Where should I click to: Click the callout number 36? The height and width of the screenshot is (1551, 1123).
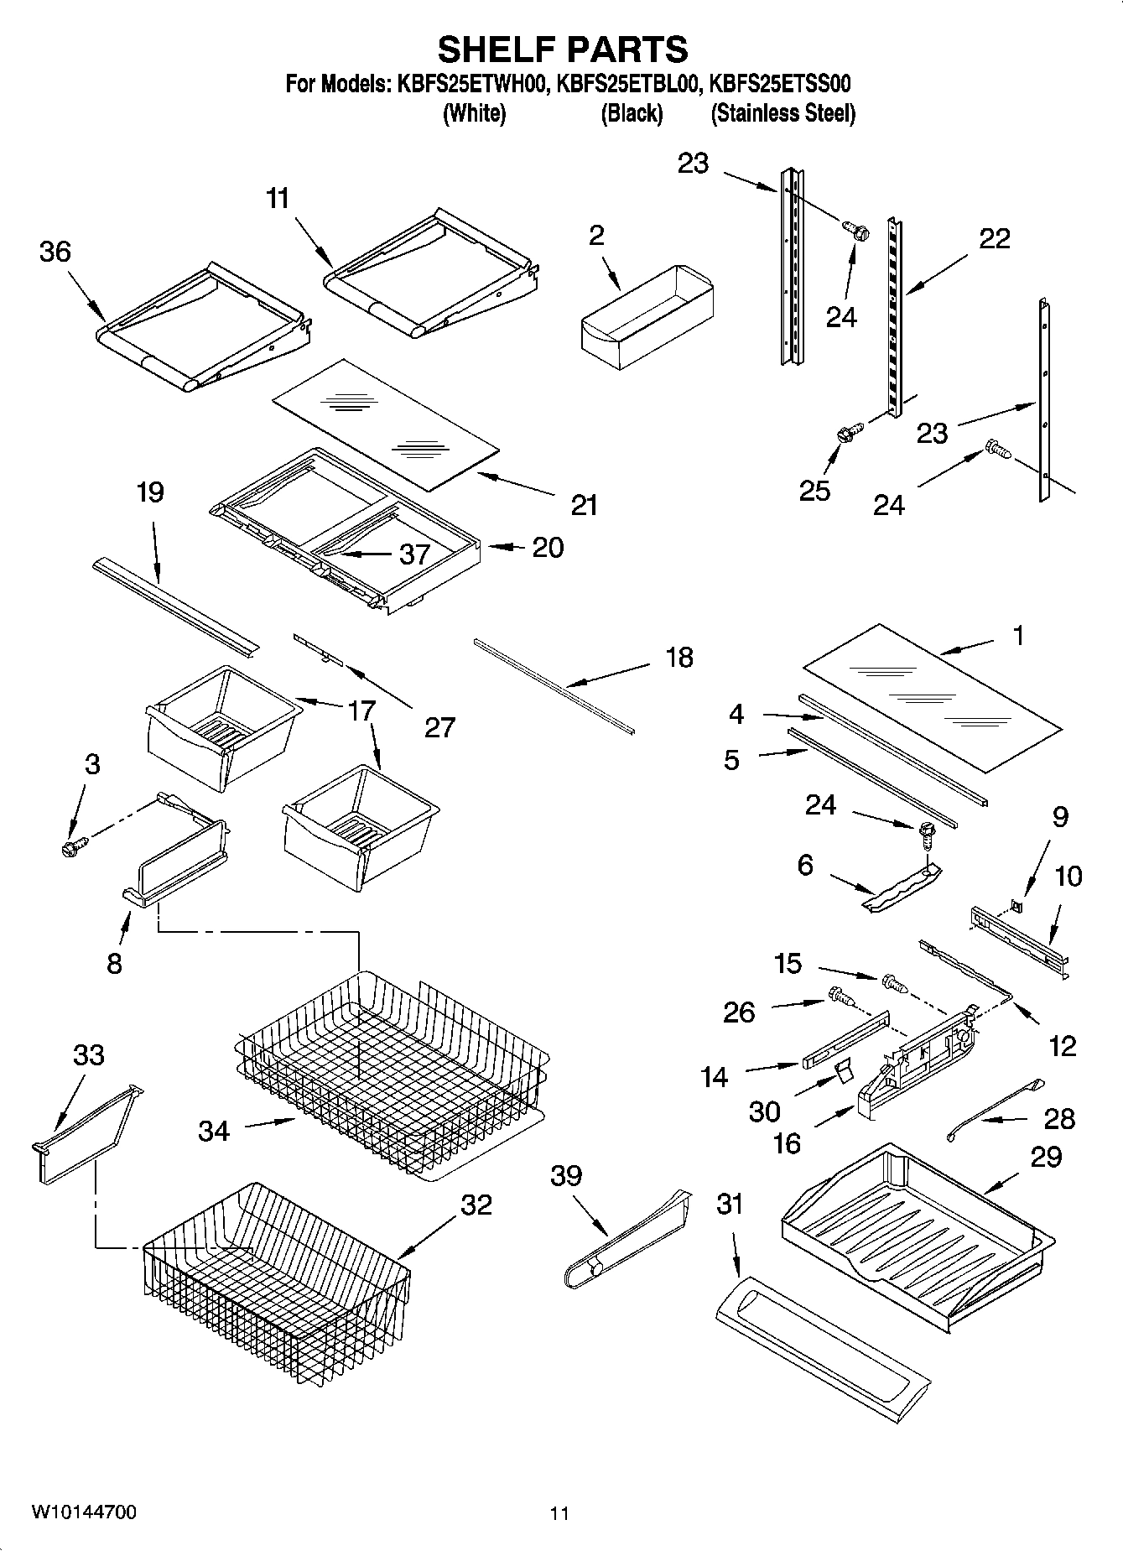55,252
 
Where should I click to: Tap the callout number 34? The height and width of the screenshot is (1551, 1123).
214,1131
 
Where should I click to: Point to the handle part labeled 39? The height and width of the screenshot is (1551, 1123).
627,1241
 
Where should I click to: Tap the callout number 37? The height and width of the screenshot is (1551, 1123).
414,554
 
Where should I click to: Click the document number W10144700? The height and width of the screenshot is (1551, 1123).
84,1512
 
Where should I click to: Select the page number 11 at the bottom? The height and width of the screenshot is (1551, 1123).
559,1513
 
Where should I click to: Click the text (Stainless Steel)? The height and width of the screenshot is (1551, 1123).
782,113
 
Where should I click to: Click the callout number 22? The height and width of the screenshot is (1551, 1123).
995,239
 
